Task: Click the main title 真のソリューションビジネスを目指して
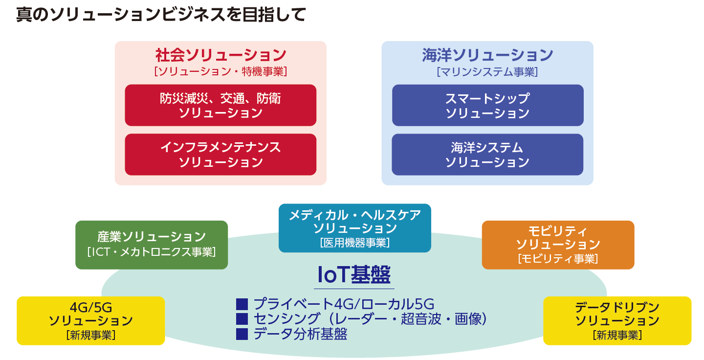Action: pyautogui.click(x=161, y=15)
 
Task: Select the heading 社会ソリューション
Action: pyautogui.click(x=220, y=55)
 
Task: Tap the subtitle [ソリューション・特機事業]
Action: pyautogui.click(x=220, y=72)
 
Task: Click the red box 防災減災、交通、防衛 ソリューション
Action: pyautogui.click(x=220, y=105)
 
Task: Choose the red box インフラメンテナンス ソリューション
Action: pyautogui.click(x=220, y=155)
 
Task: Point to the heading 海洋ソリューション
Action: pyautogui.click(x=487, y=55)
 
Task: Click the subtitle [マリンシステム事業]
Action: pyautogui.click(x=487, y=72)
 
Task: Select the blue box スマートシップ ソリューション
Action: pyautogui.click(x=488, y=105)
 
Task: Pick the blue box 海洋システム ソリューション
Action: pyautogui.click(x=487, y=155)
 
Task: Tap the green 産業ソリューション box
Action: pyautogui.click(x=152, y=245)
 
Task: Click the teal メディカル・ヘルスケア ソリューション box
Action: pyautogui.click(x=355, y=228)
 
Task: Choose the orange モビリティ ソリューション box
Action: pyautogui.click(x=558, y=245)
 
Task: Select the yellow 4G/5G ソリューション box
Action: pyautogui.click(x=91, y=321)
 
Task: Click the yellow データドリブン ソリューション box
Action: pyautogui.click(x=617, y=321)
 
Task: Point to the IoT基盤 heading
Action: pyautogui.click(x=354, y=274)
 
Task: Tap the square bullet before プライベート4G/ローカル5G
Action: pyautogui.click(x=242, y=304)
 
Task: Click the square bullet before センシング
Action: pyautogui.click(x=242, y=319)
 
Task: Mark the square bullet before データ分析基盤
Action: pyautogui.click(x=242, y=334)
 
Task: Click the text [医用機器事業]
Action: pyautogui.click(x=355, y=243)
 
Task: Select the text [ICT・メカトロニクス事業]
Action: pyautogui.click(x=152, y=252)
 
